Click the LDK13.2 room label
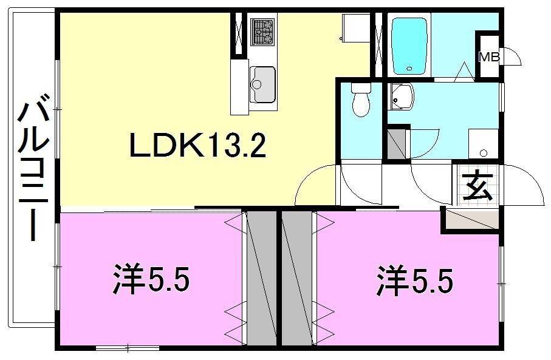[x=198, y=146]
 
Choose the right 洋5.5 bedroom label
[x=414, y=281]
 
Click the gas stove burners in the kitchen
[x=263, y=32]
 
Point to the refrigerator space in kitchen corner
[x=353, y=28]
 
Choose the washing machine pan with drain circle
[x=484, y=143]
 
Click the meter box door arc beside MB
[x=513, y=56]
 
